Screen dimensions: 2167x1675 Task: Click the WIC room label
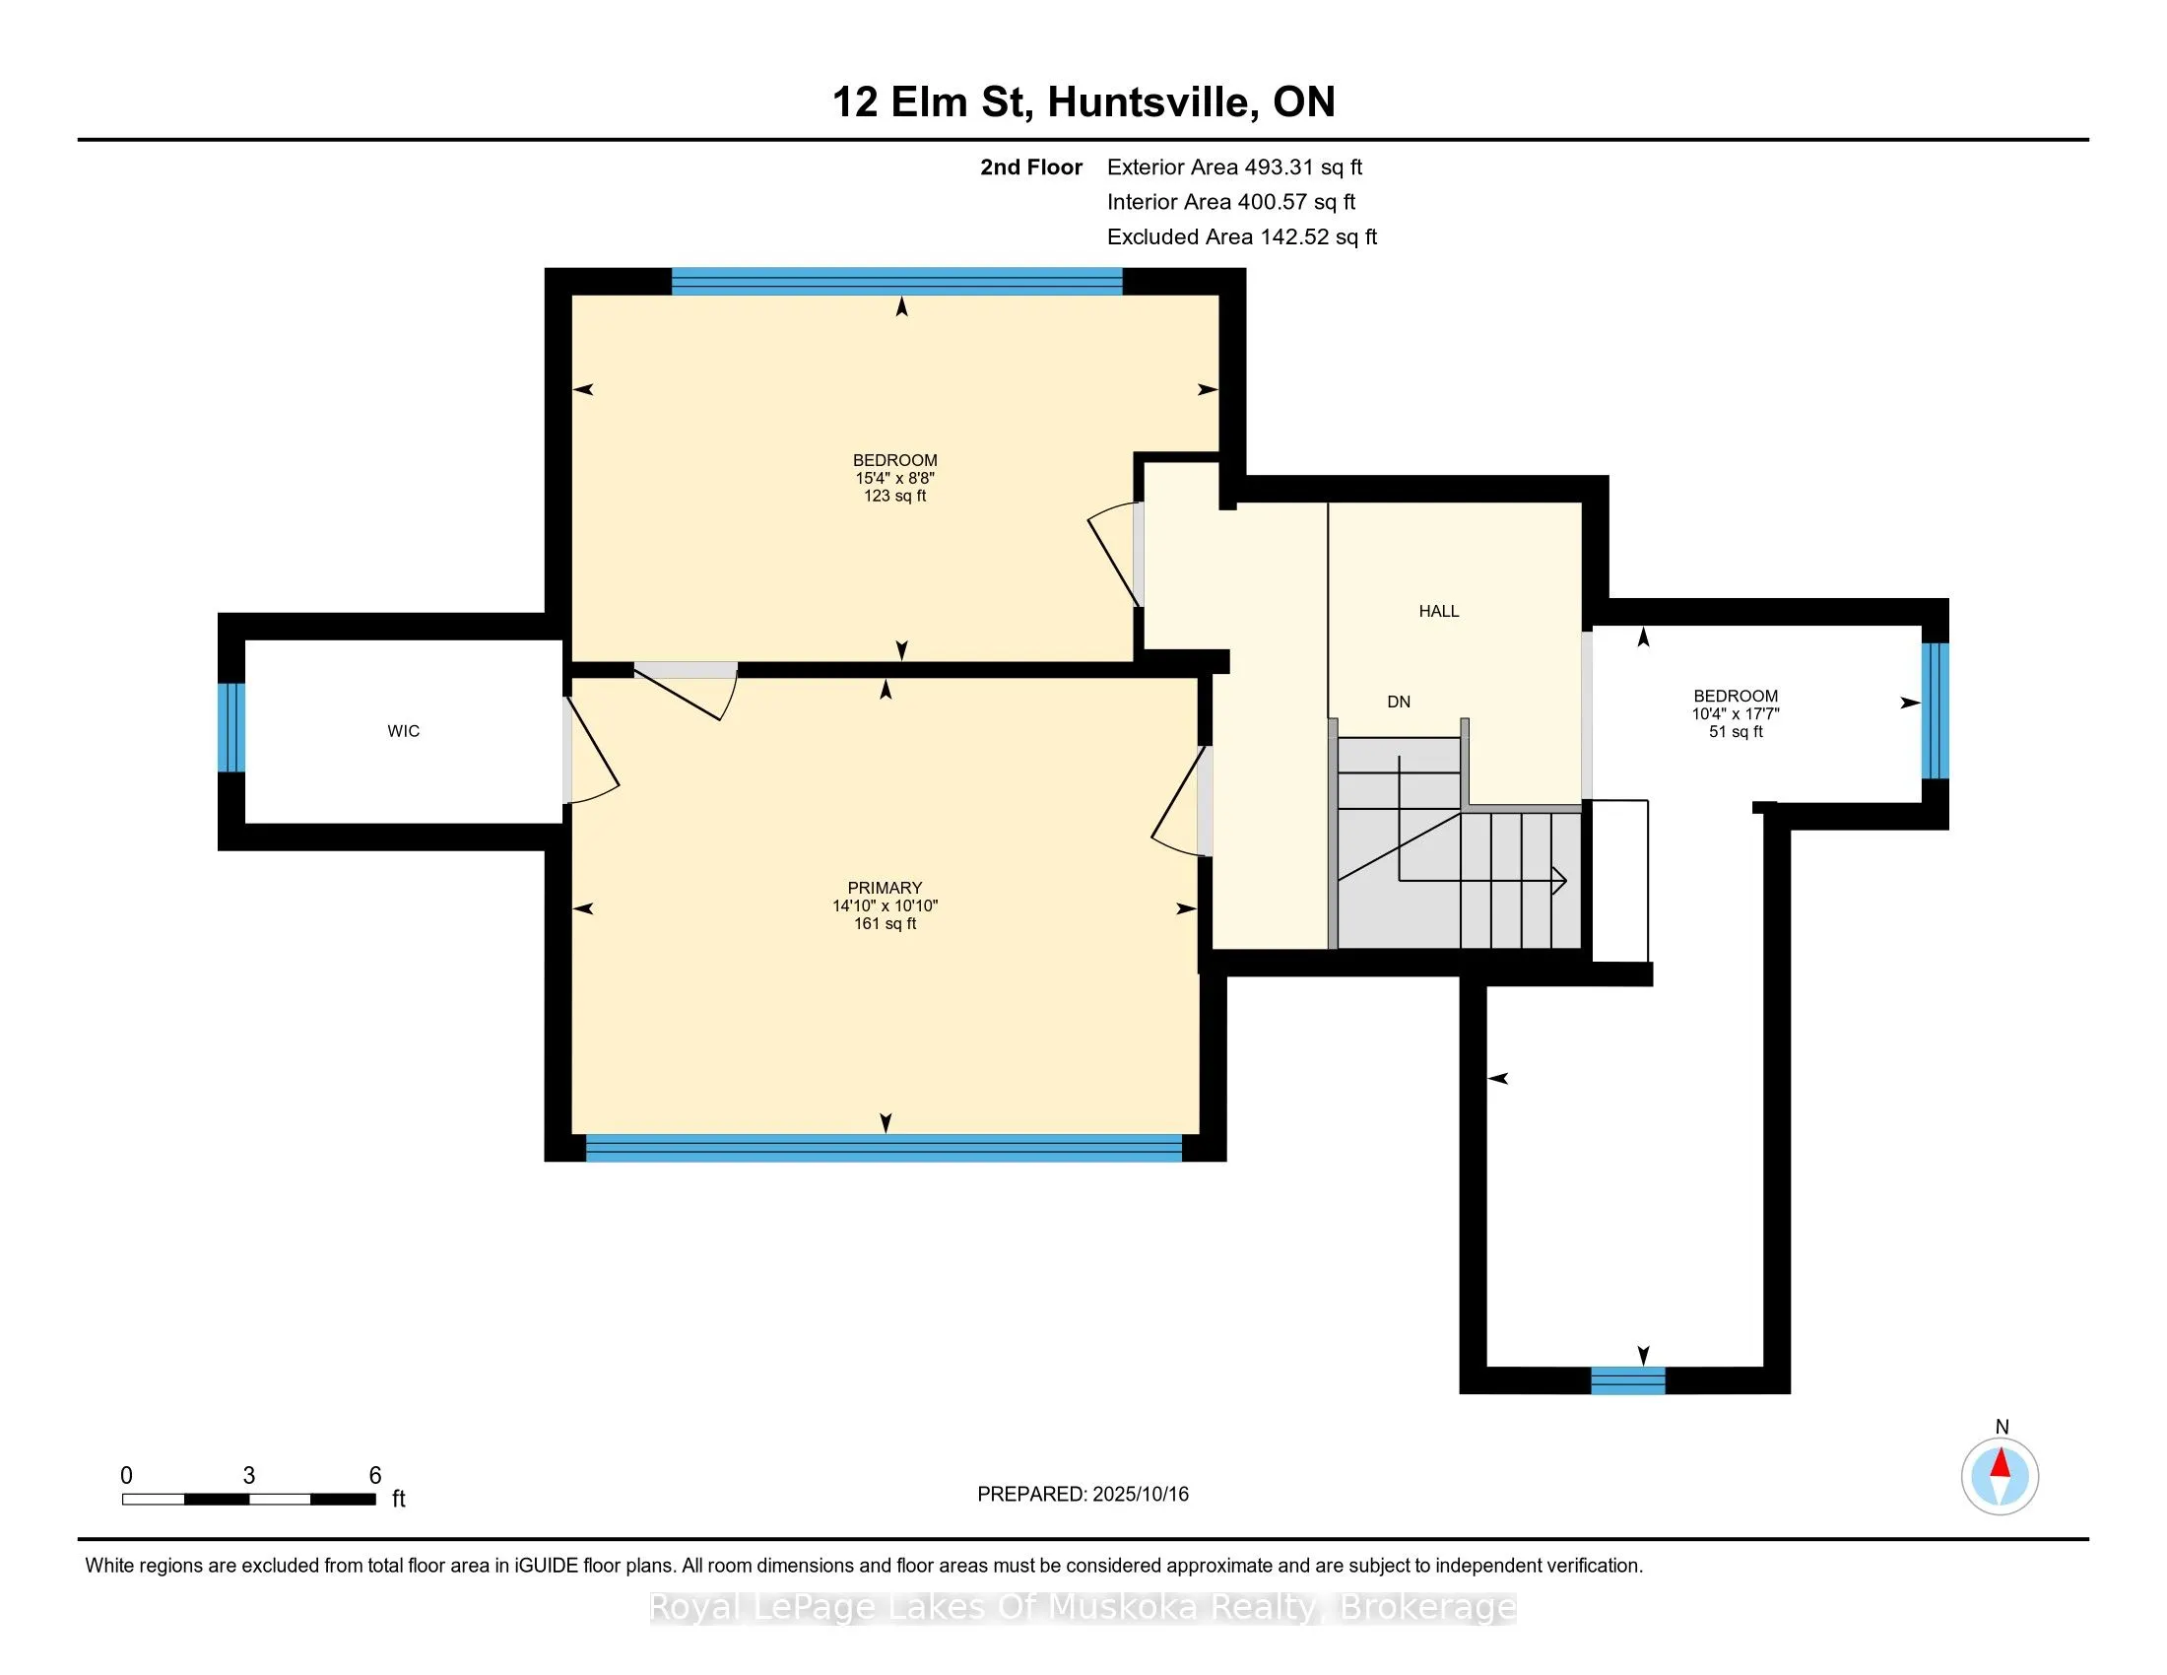pyautogui.click(x=403, y=731)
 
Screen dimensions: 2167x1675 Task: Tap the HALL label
pyautogui.click(x=1439, y=611)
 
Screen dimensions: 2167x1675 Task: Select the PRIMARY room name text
pyautogui.click(x=886, y=888)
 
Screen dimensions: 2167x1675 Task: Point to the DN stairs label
pyautogui.click(x=1399, y=703)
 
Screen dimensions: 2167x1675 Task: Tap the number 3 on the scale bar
pyautogui.click(x=249, y=1476)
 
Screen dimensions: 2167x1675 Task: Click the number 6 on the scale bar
pyautogui.click(x=375, y=1476)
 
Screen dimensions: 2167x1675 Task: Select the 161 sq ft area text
pyautogui.click(x=886, y=924)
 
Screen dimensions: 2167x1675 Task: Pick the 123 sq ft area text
pyautogui.click(x=895, y=497)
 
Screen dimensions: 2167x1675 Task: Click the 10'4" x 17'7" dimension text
pyautogui.click(x=1736, y=714)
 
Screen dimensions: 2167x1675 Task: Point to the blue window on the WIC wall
pyautogui.click(x=231, y=727)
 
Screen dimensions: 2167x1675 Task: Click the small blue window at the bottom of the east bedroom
pyautogui.click(x=1628, y=1380)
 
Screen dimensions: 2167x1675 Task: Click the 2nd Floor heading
pyautogui.click(x=1031, y=167)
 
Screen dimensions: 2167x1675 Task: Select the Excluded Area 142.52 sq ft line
pyautogui.click(x=1242, y=237)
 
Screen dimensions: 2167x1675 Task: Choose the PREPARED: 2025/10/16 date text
pyautogui.click(x=1083, y=1495)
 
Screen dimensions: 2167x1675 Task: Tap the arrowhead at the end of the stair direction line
pyautogui.click(x=1560, y=880)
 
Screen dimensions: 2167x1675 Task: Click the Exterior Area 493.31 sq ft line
pyautogui.click(x=1235, y=167)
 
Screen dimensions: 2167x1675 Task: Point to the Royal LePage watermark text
pyautogui.click(x=1083, y=1608)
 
